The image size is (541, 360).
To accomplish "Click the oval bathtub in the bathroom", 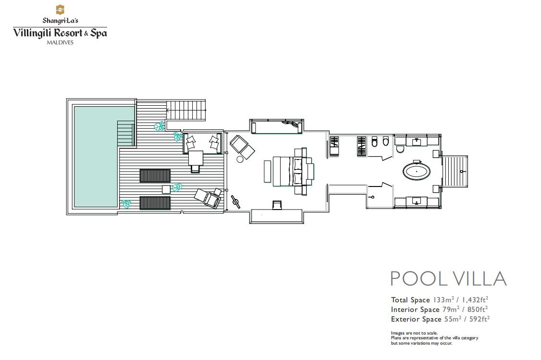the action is pos(417,172).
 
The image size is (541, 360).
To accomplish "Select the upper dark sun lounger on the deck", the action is pos(155,176).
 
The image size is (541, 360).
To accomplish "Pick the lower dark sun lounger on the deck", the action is pos(155,203).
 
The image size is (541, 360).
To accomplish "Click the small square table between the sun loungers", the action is pos(166,189).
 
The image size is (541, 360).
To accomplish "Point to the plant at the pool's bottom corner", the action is pos(125,204).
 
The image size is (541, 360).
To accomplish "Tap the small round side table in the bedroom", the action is pos(240,159).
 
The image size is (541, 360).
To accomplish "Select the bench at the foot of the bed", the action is pos(268,171).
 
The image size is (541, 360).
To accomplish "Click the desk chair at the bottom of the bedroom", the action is pos(277,205).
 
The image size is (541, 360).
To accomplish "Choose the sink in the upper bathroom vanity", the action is pos(417,141).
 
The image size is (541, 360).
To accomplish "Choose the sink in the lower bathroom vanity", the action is pos(417,201).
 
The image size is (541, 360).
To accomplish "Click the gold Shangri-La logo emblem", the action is pos(60,10).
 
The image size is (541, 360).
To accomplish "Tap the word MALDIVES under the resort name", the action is pos(60,43).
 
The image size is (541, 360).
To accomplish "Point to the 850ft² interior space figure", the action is pos(478,309).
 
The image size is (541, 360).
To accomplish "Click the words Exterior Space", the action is pos(416,319).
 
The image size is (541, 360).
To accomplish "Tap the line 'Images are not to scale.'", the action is pos(414,333).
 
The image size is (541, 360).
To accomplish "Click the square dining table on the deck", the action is pos(196,158).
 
